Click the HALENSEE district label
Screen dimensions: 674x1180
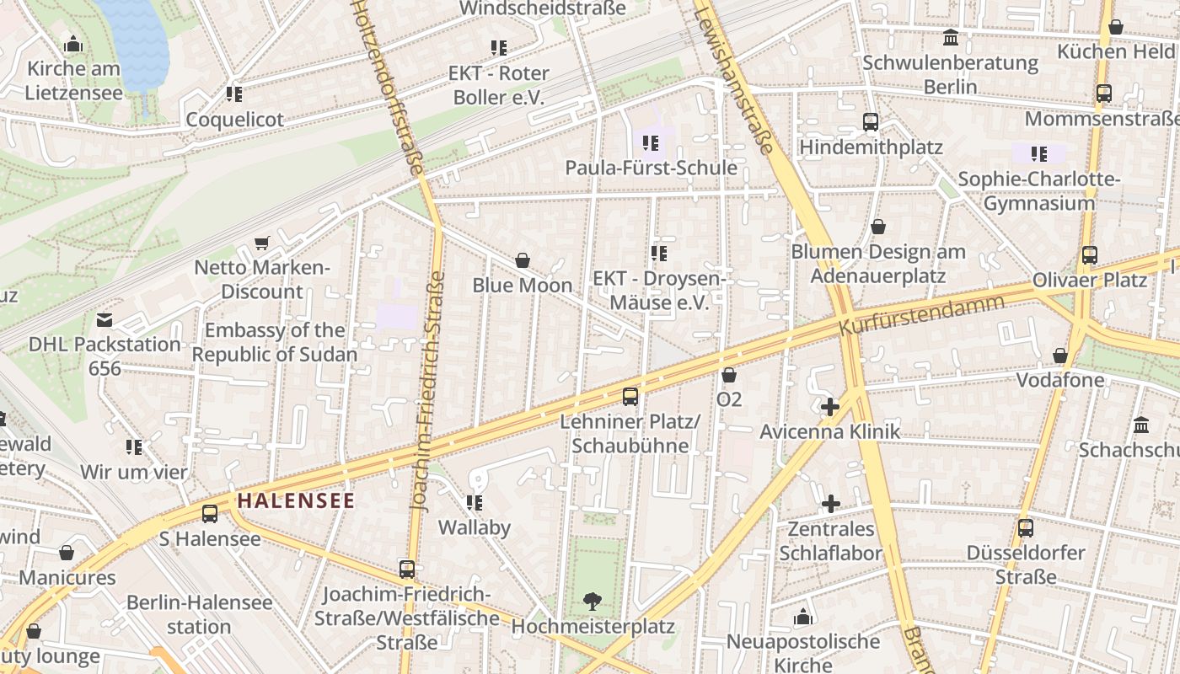(x=296, y=500)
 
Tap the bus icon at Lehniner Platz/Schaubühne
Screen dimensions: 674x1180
(x=630, y=396)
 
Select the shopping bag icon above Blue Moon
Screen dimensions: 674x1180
(x=523, y=260)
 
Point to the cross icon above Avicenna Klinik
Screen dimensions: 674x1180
(x=830, y=407)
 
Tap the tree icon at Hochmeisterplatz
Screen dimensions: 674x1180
(x=593, y=601)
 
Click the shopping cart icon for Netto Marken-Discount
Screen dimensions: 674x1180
(x=262, y=243)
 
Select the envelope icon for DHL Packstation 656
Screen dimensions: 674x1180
(x=105, y=319)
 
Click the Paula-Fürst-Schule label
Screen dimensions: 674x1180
(x=651, y=168)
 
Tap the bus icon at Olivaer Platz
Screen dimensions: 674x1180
(x=1090, y=254)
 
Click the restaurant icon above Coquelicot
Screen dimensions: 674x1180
(x=234, y=94)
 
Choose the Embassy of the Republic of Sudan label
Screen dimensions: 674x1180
(x=275, y=342)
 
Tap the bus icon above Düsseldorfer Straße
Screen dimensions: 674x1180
(x=1026, y=528)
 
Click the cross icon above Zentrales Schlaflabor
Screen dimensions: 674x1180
(x=830, y=504)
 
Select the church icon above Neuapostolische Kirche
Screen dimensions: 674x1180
(x=803, y=617)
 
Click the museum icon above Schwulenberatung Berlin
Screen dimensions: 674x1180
(x=952, y=37)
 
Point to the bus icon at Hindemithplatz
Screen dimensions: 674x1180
(x=871, y=122)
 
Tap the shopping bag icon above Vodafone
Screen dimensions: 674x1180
(x=1060, y=356)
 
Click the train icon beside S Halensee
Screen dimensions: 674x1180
(x=210, y=513)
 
